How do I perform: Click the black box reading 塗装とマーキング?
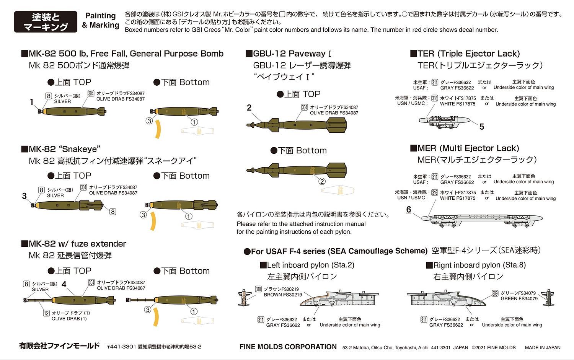pos(46,22)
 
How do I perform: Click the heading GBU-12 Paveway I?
pos(289,54)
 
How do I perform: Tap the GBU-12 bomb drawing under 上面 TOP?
pos(297,125)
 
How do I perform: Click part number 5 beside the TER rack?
pos(482,127)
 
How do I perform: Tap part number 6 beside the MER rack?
pos(408,210)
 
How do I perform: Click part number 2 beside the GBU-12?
pos(249,108)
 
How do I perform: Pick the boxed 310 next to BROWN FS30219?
pos(258,289)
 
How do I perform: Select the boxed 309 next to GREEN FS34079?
pos(495,293)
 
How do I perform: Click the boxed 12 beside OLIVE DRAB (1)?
pos(46,313)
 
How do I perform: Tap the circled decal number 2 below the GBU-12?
pos(322,181)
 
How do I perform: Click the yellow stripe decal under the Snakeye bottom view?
pos(153,222)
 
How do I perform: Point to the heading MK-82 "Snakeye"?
pos(61,149)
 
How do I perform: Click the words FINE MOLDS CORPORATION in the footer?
pos(288,347)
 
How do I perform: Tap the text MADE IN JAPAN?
pos(543,348)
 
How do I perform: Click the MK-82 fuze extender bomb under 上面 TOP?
pos(69,300)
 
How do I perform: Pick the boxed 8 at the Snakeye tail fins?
pos(113,212)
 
